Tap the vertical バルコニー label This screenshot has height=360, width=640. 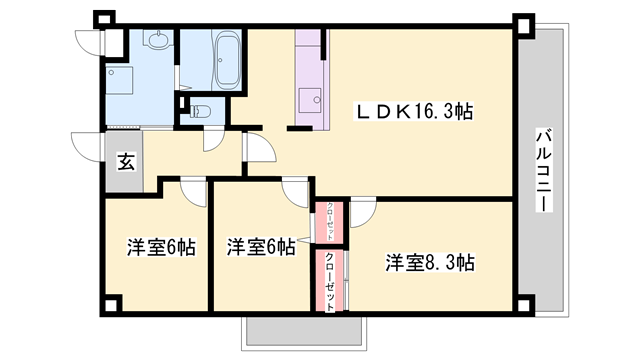point(542,170)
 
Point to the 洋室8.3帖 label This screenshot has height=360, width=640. point(431,263)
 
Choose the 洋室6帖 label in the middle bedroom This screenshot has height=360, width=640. point(260,247)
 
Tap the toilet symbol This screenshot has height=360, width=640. point(198,111)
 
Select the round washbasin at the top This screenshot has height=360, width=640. point(157,41)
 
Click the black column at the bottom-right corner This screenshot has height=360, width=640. point(524,302)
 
